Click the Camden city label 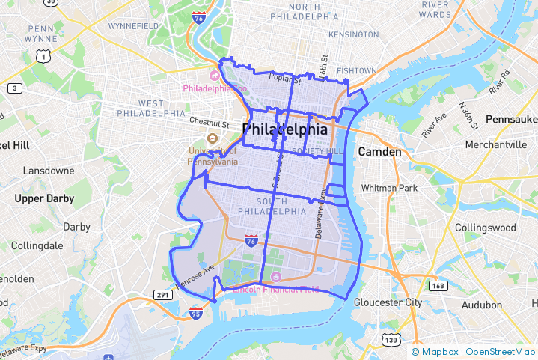pos(380,151)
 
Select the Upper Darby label pos(44,198)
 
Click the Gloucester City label pos(388,302)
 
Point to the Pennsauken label pos(511,119)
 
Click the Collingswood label pos(486,227)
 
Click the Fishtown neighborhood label pos(356,70)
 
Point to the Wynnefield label pos(133,26)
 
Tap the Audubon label pos(482,305)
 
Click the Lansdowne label pos(49,171)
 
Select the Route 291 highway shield pos(162,296)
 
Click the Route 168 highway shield pos(439,286)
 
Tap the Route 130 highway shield pos(391,341)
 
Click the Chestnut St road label pos(209,121)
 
